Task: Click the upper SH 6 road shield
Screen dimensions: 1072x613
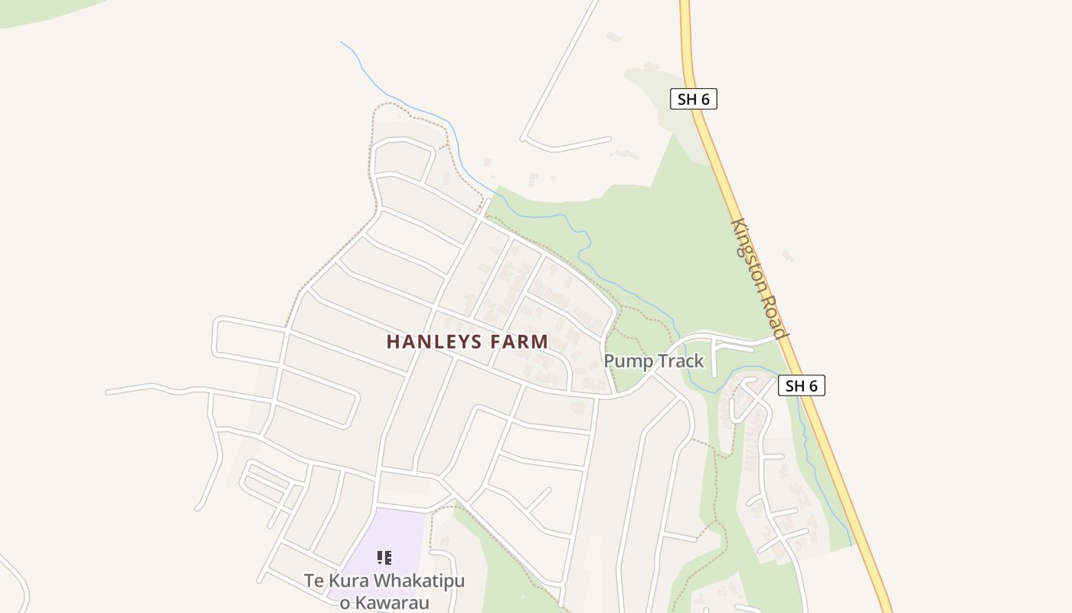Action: point(693,99)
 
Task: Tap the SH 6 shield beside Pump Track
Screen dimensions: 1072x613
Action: point(801,385)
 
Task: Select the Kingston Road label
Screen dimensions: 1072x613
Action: point(758,279)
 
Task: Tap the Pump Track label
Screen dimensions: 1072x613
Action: point(654,361)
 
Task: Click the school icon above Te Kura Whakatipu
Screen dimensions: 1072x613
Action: point(384,558)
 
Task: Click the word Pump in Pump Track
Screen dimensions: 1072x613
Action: point(625,361)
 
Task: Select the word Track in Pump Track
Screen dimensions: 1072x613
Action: point(676,361)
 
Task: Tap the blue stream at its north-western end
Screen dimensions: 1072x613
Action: point(343,44)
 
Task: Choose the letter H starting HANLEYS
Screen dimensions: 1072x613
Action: point(392,342)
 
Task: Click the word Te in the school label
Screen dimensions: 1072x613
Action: point(314,581)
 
